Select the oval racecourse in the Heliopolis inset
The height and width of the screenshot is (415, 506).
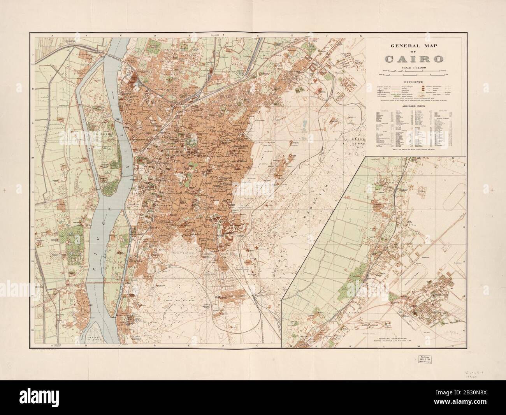(422, 278)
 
